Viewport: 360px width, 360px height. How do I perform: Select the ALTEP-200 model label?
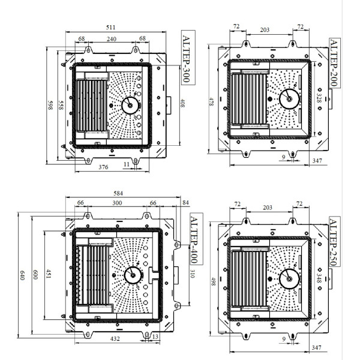(x=334, y=62)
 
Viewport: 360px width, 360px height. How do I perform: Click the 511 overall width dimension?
(x=111, y=27)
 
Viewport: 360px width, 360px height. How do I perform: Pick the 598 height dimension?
(x=50, y=105)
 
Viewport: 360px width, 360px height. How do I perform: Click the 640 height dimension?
(x=22, y=275)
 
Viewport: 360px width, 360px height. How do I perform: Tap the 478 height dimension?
(x=211, y=103)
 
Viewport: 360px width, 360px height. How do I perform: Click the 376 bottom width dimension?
(x=103, y=167)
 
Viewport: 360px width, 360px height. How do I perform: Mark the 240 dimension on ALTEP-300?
(x=112, y=39)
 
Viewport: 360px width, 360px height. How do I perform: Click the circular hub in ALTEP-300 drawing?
(x=129, y=104)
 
